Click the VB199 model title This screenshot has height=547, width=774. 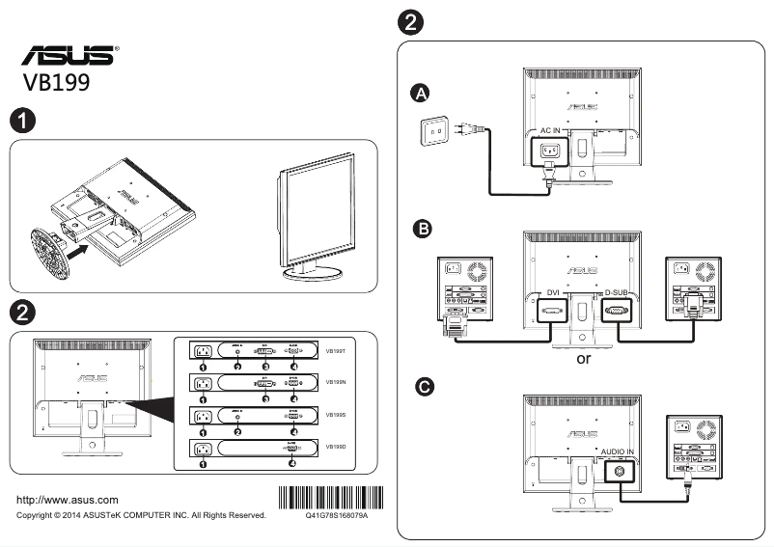click(x=57, y=83)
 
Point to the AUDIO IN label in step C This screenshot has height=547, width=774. click(x=618, y=451)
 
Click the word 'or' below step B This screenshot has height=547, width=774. click(x=583, y=359)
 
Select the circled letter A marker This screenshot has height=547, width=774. click(x=419, y=93)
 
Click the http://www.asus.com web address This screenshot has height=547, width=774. click(x=69, y=500)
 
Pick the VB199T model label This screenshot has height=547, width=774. click(x=335, y=352)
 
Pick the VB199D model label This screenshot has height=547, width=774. click(x=335, y=447)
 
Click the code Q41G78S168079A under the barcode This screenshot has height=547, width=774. click(x=336, y=516)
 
